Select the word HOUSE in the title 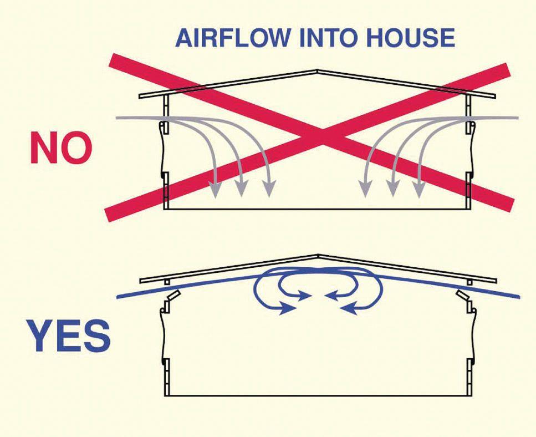click(x=409, y=38)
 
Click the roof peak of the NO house click(x=317, y=70)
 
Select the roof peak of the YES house click(x=318, y=256)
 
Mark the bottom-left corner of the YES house click(x=166, y=395)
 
